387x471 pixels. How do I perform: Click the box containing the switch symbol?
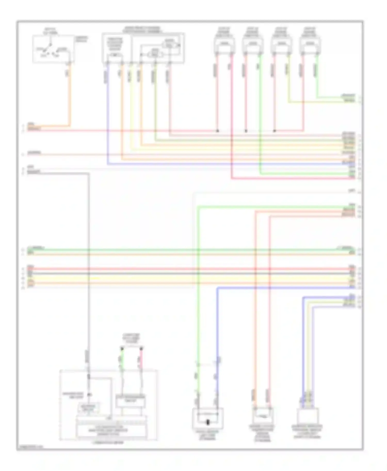pos(53,49)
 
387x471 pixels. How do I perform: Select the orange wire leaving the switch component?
pos(70,98)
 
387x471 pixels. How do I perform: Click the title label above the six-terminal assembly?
pos(142,29)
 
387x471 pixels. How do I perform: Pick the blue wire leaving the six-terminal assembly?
pos(107,116)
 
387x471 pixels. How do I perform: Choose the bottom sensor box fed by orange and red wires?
pos(262,416)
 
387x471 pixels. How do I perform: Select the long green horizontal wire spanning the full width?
pos(191,250)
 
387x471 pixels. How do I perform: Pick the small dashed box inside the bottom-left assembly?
pos(89,408)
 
